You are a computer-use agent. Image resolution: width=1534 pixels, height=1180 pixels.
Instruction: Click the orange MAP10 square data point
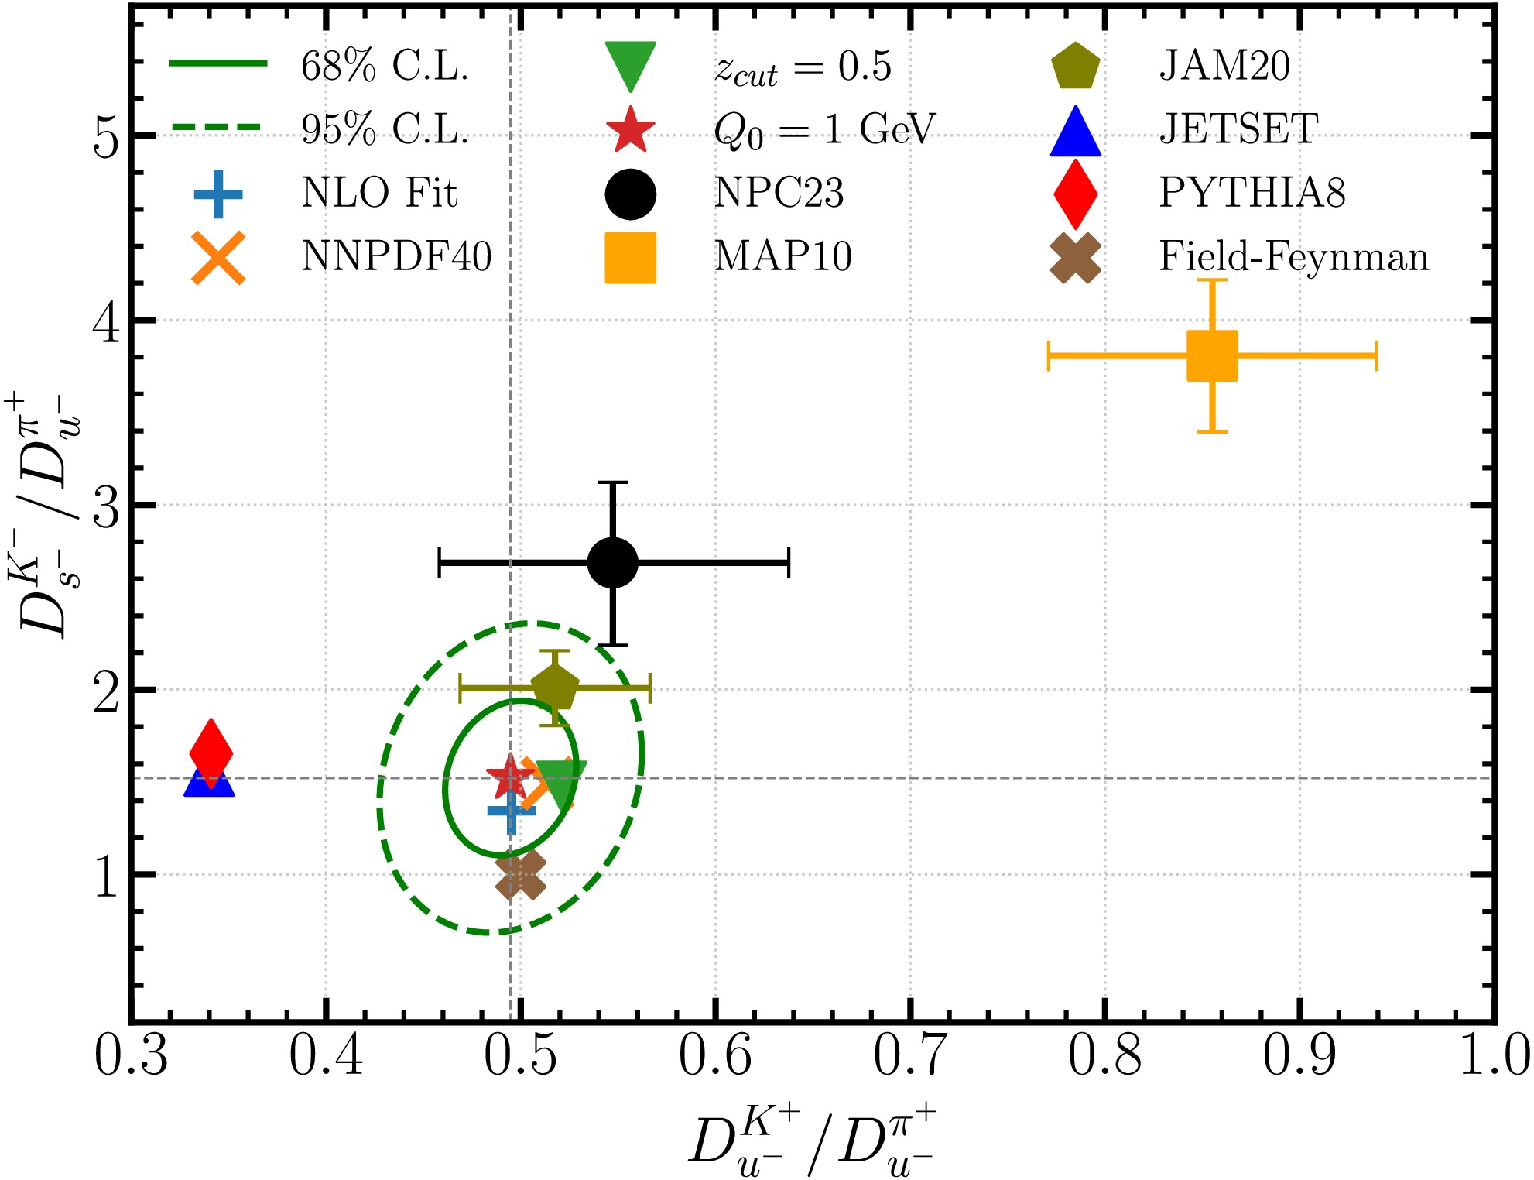coord(1212,355)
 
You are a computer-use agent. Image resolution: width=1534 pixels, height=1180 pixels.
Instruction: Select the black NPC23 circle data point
coord(613,563)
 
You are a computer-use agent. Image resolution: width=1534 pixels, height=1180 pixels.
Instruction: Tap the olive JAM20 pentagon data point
coord(555,688)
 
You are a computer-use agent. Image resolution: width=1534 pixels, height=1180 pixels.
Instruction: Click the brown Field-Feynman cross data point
coord(520,875)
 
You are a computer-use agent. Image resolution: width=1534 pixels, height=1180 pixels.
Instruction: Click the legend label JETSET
coord(1238,129)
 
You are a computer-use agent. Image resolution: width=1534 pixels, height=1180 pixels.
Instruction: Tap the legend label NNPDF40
coord(396,256)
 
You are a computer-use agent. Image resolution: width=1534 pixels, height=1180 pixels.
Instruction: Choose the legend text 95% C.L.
coord(385,129)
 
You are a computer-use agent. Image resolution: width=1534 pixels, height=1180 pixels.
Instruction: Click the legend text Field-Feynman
coord(1293,256)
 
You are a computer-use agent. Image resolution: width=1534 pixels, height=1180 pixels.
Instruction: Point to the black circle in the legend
coord(630,194)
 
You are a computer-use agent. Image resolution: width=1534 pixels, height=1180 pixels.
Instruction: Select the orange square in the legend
coord(630,258)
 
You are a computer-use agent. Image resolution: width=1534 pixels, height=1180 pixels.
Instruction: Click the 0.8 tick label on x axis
coord(1105,1055)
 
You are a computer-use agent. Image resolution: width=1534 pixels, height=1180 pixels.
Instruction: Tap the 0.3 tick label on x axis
coord(132,1055)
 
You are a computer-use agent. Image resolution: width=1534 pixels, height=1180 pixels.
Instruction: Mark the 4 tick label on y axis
coord(106,321)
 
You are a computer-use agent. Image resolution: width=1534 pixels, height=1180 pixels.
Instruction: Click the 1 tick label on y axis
coord(106,877)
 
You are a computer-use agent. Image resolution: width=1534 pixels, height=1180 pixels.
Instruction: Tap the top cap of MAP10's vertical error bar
coord(1212,280)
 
